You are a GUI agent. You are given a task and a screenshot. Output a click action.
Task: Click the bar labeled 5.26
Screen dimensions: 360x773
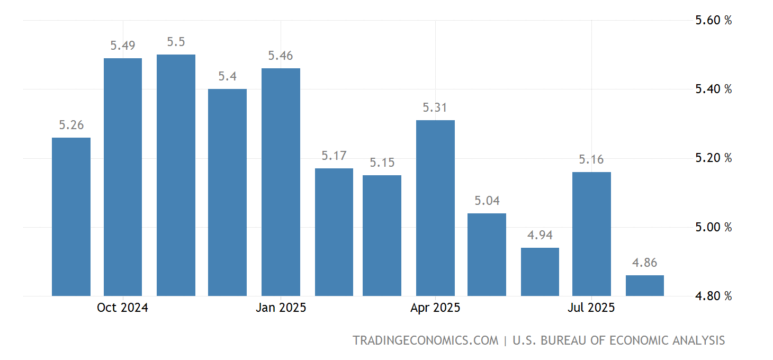tap(71, 217)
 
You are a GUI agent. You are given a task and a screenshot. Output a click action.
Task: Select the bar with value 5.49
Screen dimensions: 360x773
tap(123, 177)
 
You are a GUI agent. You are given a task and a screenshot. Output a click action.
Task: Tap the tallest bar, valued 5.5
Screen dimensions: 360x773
tap(176, 175)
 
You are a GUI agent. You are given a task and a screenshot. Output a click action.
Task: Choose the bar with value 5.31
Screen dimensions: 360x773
tap(435, 208)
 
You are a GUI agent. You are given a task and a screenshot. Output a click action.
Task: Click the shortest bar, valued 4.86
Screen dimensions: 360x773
tap(644, 285)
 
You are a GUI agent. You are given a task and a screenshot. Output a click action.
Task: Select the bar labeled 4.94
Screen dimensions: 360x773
tap(540, 272)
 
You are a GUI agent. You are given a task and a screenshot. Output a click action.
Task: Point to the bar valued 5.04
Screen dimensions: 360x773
tap(487, 254)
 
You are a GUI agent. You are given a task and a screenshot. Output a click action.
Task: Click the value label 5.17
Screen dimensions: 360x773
tap(334, 156)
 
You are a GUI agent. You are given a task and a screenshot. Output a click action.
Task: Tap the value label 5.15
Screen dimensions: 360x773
tap(382, 163)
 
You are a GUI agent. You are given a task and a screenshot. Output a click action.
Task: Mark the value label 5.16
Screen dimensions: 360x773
tap(591, 159)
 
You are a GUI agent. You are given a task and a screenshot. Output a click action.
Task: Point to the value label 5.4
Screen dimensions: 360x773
tap(228, 76)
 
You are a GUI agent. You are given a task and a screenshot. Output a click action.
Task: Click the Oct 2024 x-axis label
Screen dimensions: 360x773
tap(122, 308)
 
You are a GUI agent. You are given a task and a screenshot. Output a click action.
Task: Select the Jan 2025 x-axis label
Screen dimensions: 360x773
tap(281, 308)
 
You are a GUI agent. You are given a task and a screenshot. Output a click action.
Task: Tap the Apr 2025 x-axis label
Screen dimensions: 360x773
tap(435, 308)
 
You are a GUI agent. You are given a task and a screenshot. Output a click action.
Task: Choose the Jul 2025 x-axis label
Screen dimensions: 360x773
tap(591, 308)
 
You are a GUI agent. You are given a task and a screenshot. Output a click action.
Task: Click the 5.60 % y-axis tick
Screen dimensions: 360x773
tap(713, 20)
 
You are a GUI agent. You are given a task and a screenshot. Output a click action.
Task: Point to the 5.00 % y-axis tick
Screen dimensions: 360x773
tap(713, 227)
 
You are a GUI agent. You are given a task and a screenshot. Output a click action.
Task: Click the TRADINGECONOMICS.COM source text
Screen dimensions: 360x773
tap(426, 340)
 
